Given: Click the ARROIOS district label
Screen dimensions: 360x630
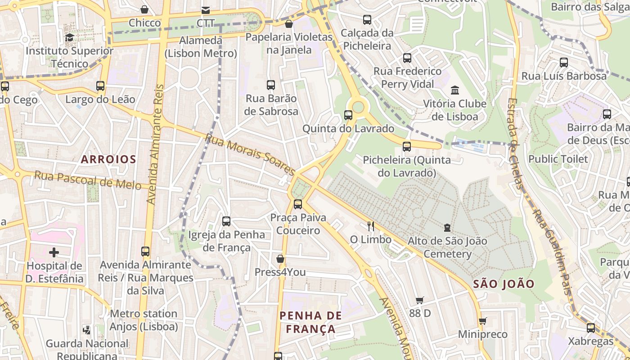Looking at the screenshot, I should click(108, 159).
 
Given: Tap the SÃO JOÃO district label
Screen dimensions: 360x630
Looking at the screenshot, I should click(504, 284).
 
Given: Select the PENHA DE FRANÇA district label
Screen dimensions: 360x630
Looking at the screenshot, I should click(310, 322).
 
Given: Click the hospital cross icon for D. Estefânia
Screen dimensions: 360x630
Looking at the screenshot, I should click(54, 252).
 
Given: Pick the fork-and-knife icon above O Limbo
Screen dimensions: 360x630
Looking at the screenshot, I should click(371, 226).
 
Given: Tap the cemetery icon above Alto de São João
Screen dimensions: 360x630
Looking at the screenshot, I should click(447, 228).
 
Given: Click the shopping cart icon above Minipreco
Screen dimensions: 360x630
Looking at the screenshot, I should click(483, 321).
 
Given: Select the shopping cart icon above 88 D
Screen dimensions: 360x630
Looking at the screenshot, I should click(420, 300).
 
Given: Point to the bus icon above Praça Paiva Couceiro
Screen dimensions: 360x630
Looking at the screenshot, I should click(298, 204).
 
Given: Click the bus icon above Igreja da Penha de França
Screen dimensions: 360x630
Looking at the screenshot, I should click(226, 221).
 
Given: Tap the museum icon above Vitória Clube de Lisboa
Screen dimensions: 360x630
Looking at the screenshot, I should click(455, 90).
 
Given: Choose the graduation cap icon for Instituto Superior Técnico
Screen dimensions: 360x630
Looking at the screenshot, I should click(69, 37).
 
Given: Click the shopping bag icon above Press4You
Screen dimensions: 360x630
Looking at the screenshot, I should click(280, 259).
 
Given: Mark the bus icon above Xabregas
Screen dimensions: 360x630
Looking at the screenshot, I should click(591, 328).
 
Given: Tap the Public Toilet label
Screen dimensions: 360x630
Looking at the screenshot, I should click(558, 159).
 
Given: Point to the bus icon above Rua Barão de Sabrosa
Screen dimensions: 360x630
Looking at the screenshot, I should click(271, 85).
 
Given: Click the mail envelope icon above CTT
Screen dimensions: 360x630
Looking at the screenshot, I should click(206, 10).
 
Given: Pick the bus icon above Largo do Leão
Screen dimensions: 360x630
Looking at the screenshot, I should click(100, 86).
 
